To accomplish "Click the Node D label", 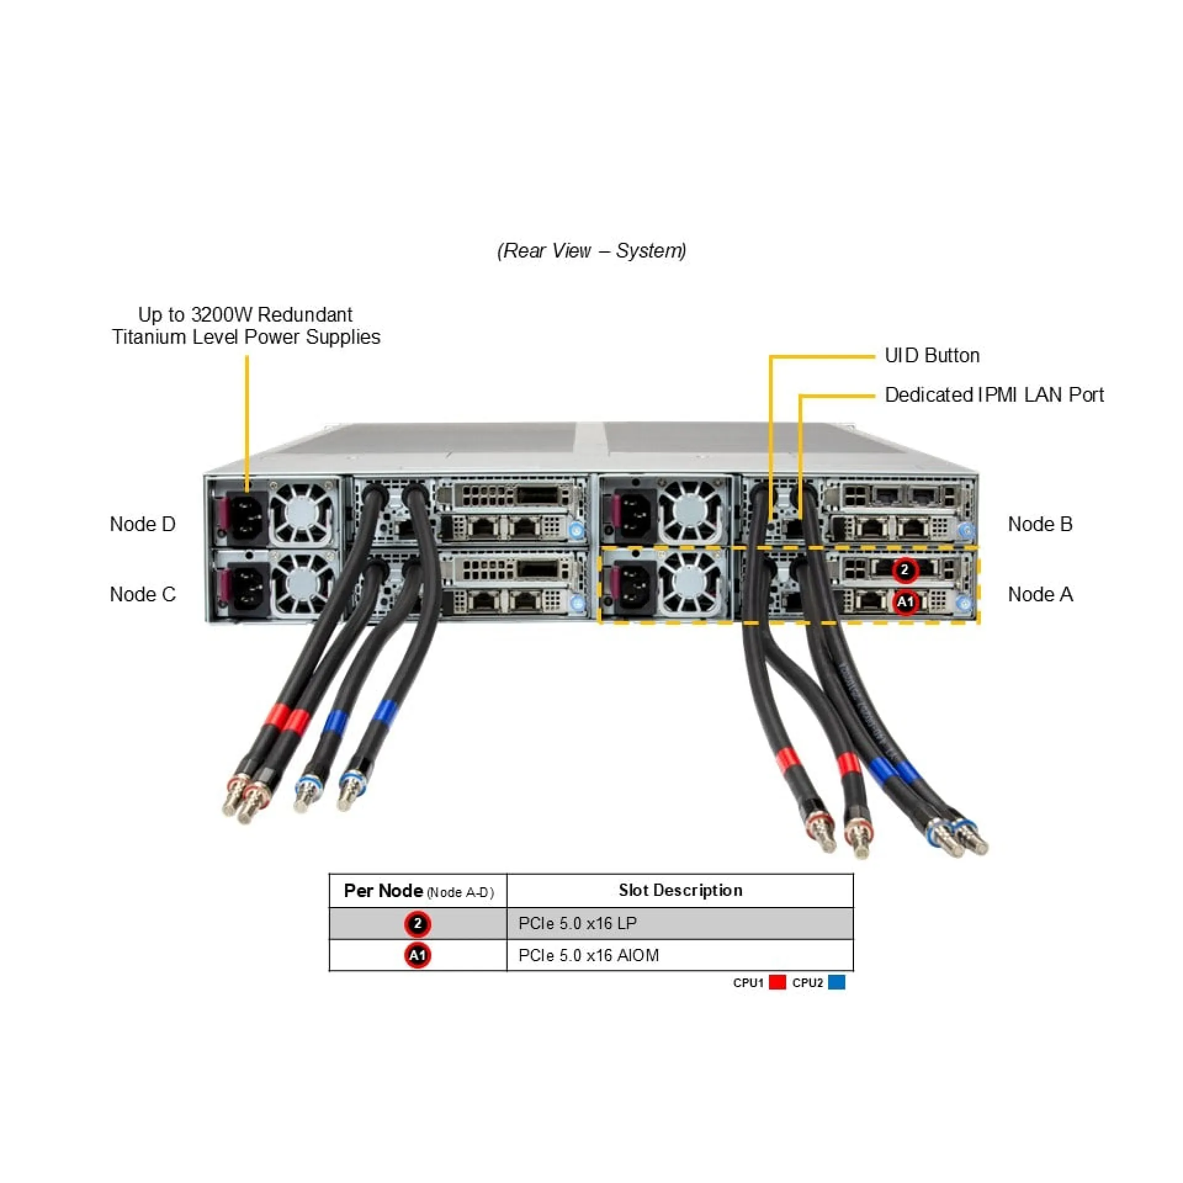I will pyautogui.click(x=142, y=524).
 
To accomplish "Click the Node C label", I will pyautogui.click(x=142, y=595).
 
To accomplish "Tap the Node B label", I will pyautogui.click(x=1040, y=524).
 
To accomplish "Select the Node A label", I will pyautogui.click(x=1040, y=595).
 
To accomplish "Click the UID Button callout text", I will pyautogui.click(x=932, y=356).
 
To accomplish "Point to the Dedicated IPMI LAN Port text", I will pyautogui.click(x=994, y=395).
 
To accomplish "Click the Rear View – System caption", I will pyautogui.click(x=591, y=251).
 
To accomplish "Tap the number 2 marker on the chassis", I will pyautogui.click(x=905, y=570).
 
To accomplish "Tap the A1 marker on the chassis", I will pyautogui.click(x=905, y=601).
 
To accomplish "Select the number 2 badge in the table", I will pyautogui.click(x=418, y=924).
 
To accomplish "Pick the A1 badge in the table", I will pyautogui.click(x=418, y=956).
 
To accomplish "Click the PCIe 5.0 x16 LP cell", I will pyautogui.click(x=577, y=924).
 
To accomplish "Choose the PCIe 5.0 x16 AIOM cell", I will pyautogui.click(x=588, y=956).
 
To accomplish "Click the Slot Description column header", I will pyautogui.click(x=680, y=890).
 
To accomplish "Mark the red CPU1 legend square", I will pyautogui.click(x=778, y=982).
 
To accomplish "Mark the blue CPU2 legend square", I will pyautogui.click(x=837, y=982).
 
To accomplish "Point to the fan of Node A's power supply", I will pyautogui.click(x=690, y=583).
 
